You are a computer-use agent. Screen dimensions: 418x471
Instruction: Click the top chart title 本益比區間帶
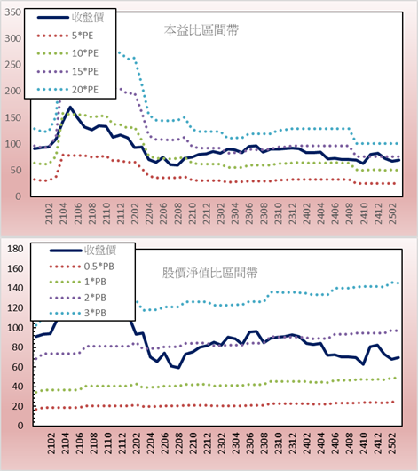click(x=201, y=30)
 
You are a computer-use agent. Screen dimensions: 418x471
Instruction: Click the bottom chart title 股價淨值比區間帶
click(x=209, y=273)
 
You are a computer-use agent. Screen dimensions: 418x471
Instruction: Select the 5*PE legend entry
click(x=65, y=36)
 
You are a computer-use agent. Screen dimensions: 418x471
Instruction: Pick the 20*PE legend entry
click(x=67, y=90)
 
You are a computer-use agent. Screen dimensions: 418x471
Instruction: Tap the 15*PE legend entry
click(x=67, y=71)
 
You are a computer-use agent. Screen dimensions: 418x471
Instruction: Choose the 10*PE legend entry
click(x=67, y=53)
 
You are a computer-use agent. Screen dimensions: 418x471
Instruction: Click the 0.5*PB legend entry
click(x=82, y=267)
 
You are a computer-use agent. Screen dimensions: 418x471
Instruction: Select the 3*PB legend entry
click(x=78, y=313)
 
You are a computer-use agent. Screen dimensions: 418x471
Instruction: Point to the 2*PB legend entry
click(x=78, y=298)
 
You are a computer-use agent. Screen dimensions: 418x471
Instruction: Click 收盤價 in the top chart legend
click(x=70, y=18)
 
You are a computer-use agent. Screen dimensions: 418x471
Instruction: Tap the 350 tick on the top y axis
click(x=13, y=12)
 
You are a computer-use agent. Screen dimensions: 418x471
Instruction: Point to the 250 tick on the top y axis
click(x=13, y=65)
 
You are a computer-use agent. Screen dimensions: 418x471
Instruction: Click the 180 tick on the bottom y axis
click(x=15, y=249)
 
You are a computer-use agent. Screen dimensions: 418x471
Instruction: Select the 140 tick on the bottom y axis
click(x=15, y=288)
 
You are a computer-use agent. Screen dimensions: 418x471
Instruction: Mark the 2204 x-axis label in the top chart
click(x=149, y=213)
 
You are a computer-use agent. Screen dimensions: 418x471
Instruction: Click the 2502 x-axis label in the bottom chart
click(x=392, y=443)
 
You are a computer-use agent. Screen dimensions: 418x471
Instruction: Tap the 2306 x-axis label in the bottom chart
click(x=249, y=443)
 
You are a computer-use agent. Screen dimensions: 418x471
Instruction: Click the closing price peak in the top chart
click(x=70, y=107)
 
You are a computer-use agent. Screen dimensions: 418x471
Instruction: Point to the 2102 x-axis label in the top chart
click(x=49, y=213)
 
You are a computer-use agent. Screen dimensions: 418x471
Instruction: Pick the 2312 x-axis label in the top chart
click(x=292, y=213)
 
